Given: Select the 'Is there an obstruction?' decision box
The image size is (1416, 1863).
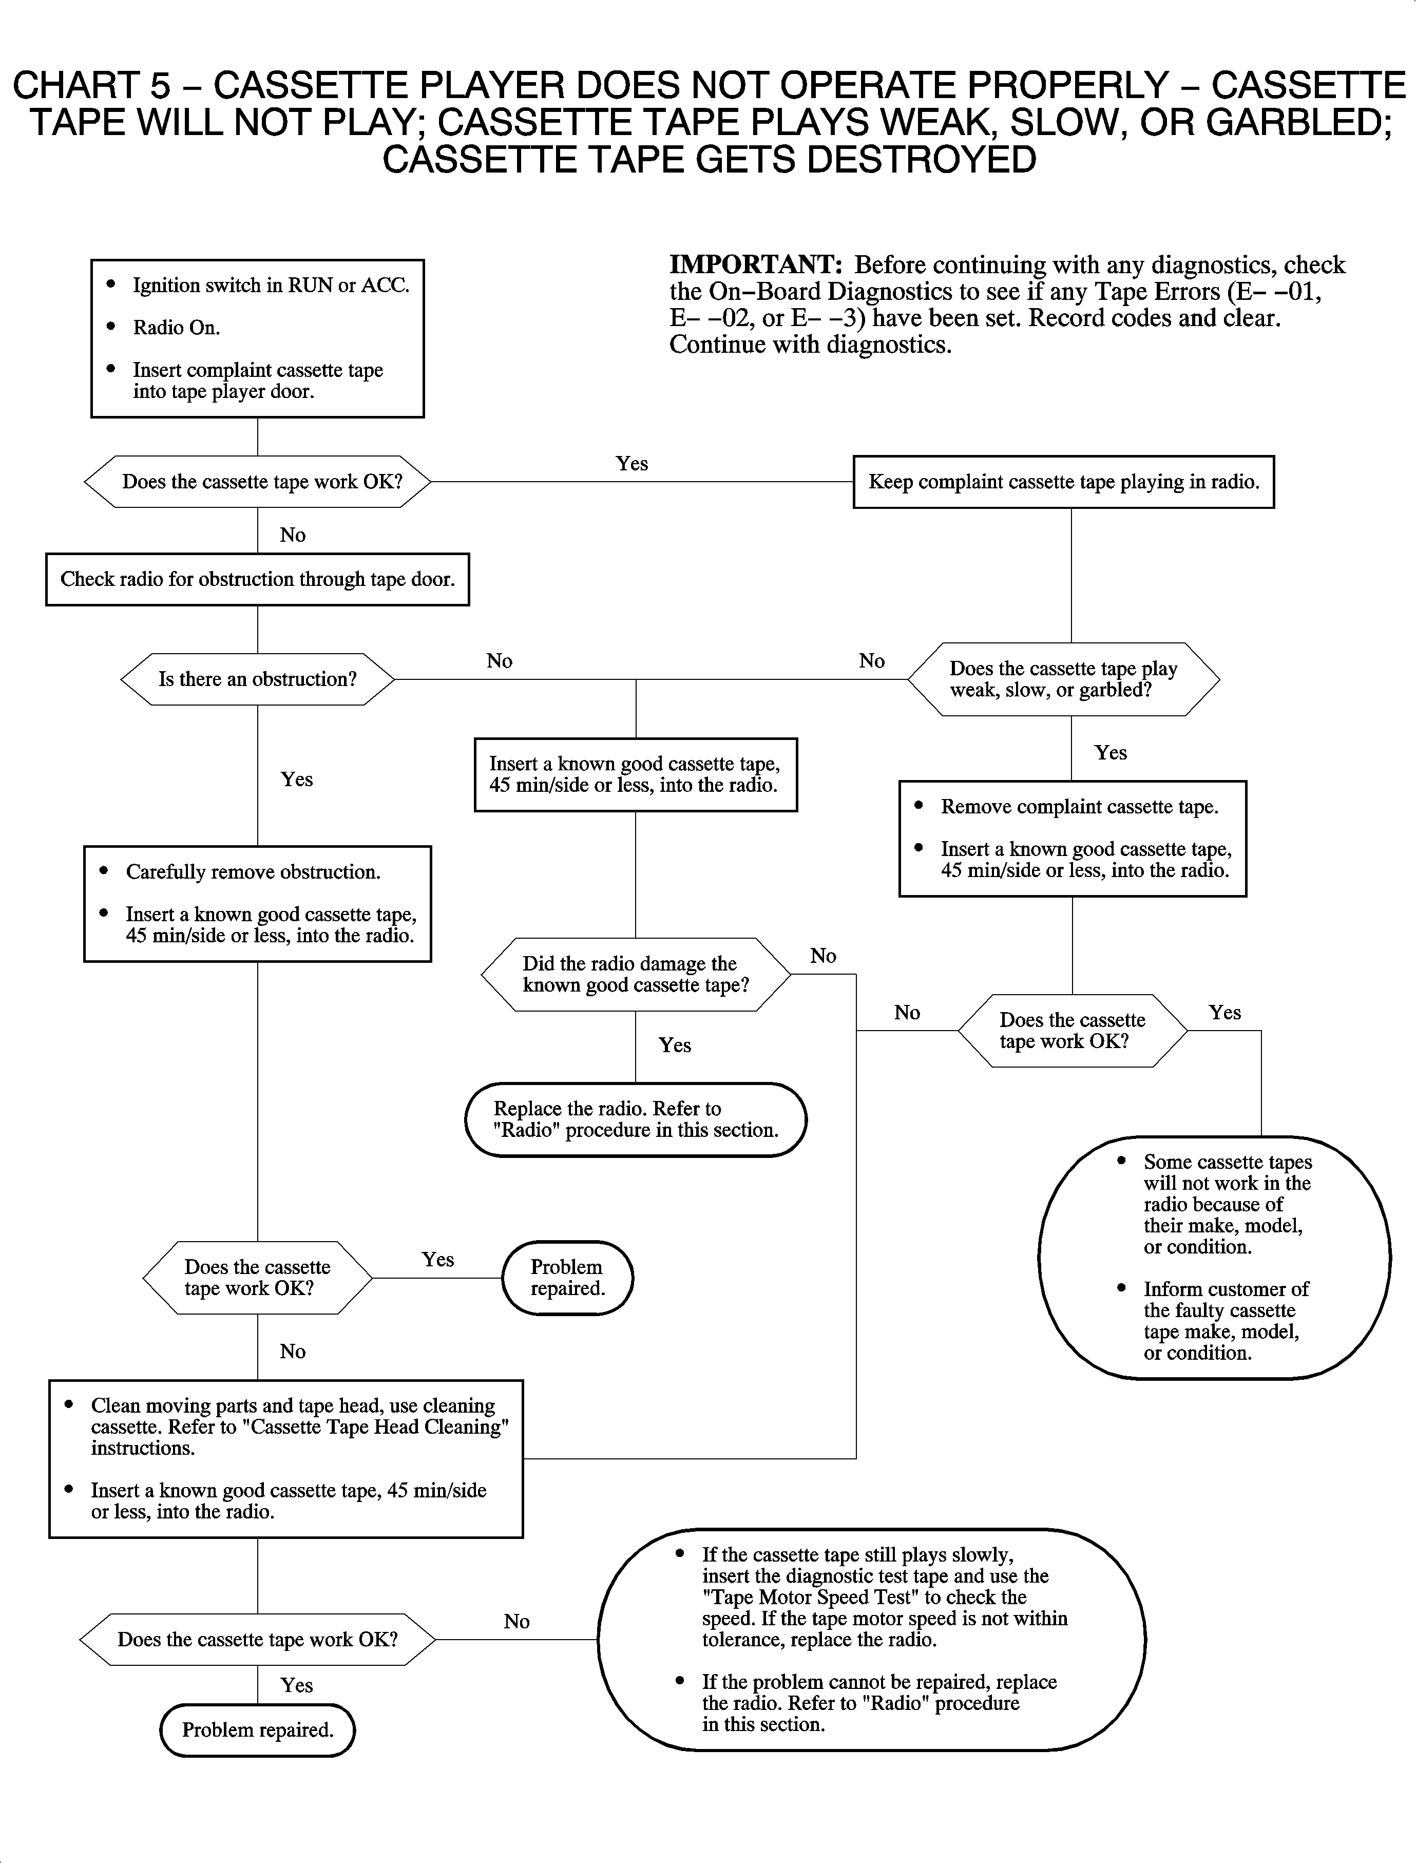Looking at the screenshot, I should coord(257,679).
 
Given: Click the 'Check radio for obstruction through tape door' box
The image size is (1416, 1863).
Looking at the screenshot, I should coord(257,579).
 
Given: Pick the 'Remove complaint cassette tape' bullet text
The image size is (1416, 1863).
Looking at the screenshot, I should coord(1079,807).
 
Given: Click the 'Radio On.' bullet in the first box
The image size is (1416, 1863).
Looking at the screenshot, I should coord(176,328).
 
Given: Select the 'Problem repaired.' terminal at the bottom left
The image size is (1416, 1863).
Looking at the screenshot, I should coord(257,1730).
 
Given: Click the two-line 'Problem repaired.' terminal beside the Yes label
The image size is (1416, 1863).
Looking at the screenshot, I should coord(566,1278).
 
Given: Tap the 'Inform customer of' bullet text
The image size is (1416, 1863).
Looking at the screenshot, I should coord(1226,1289).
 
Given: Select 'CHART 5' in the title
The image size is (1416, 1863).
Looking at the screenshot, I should coord(91,86).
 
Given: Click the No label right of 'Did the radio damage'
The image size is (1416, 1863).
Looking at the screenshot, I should coord(822,956).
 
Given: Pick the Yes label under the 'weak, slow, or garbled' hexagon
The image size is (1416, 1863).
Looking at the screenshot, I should coord(1110,753).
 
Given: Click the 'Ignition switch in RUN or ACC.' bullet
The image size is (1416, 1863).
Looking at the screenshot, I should coord(271,286).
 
